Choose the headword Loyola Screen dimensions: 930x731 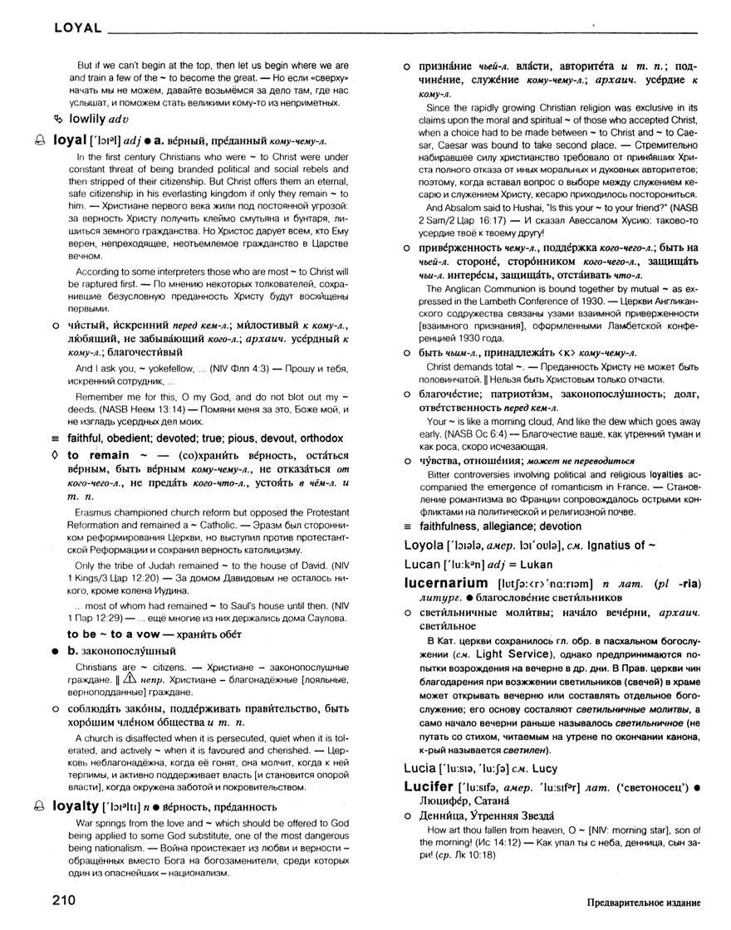[423, 544]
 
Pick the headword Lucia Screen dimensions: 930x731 [419, 767]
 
